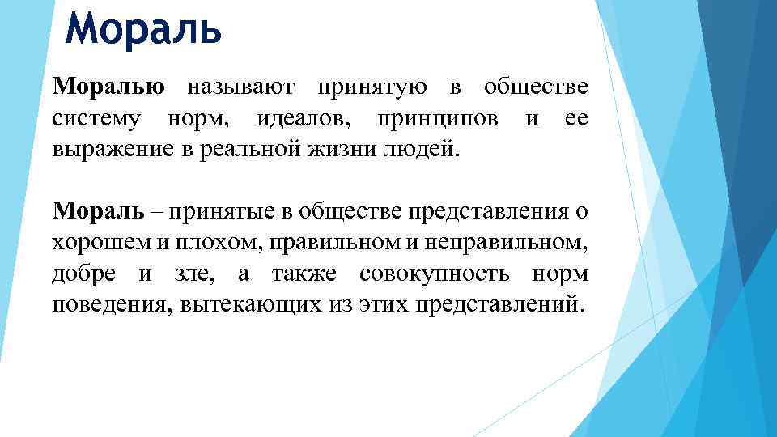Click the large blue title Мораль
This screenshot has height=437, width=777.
pos(143,30)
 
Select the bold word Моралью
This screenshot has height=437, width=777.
pos(109,87)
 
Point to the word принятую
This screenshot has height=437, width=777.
pos(368,87)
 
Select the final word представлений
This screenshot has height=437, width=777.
pos(498,305)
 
